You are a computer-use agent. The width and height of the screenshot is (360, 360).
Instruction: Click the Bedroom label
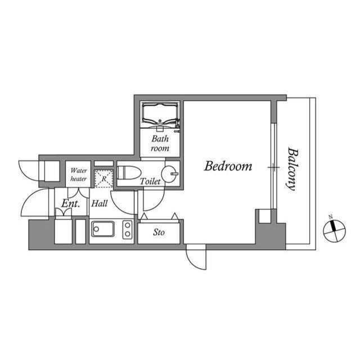[x=228, y=166]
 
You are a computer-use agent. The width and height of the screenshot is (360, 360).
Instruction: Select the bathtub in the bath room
[x=160, y=115]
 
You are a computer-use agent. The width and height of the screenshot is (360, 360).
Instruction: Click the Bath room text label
[x=160, y=143]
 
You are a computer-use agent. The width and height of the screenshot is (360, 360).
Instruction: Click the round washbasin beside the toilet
[x=169, y=173]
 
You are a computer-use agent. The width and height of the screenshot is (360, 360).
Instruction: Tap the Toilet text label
[x=150, y=182]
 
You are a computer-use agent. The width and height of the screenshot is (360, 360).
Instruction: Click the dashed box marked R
[x=103, y=178]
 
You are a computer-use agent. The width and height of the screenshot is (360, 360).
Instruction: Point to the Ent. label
[x=71, y=204]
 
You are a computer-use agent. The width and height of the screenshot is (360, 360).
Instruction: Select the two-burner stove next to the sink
[x=128, y=230]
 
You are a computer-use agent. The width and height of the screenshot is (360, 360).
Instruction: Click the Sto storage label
[x=159, y=232]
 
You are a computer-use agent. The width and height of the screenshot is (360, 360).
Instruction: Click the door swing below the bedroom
[x=196, y=258]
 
